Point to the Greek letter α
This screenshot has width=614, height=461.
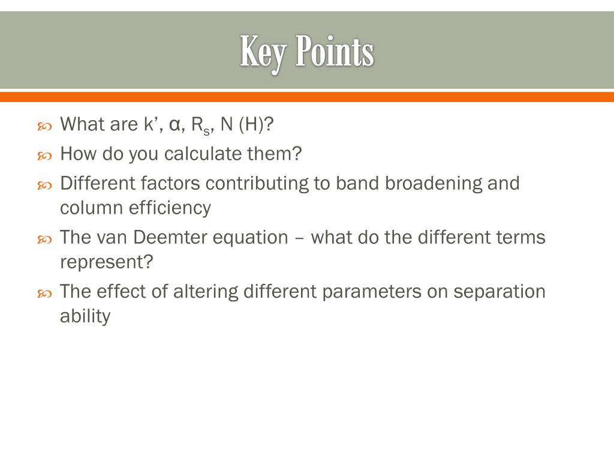pyautogui.click(x=175, y=125)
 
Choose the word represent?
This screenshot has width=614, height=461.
pyautogui.click(x=106, y=262)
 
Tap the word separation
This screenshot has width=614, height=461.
pyautogui.click(x=499, y=292)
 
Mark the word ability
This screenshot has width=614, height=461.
pyautogui.click(x=85, y=316)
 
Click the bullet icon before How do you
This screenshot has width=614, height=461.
pyautogui.click(x=45, y=155)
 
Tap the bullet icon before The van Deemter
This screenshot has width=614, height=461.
pyautogui.click(x=45, y=238)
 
